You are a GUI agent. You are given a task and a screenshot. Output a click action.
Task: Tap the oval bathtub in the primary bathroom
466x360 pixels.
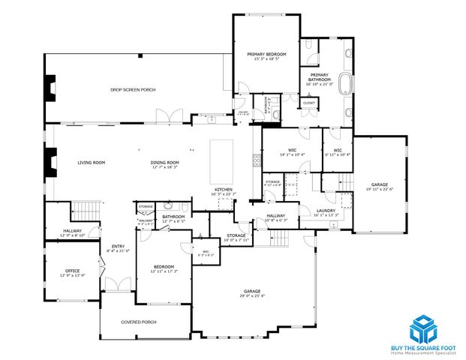click(x=347, y=83)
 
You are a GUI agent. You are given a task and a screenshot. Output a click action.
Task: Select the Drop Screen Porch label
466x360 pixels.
click(x=133, y=90)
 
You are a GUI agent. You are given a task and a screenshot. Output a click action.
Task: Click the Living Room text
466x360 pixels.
click(x=91, y=162)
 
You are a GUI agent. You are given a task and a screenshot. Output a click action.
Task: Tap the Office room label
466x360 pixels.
click(x=72, y=271)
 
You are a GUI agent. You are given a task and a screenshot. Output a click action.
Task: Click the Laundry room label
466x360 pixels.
click(x=325, y=211)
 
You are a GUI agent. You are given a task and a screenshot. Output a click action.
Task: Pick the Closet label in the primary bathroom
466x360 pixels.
click(x=309, y=102)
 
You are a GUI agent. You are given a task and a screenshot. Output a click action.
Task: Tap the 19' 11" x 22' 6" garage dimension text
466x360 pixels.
click(x=379, y=189)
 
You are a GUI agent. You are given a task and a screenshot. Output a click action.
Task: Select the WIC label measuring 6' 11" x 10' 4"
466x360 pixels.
click(x=337, y=151)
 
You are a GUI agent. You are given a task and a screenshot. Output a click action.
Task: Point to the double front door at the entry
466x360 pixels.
click(x=112, y=285)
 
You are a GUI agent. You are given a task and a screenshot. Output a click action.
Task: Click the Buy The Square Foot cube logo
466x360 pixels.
click(x=422, y=328)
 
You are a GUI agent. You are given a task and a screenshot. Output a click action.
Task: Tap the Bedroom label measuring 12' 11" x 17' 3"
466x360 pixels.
click(x=164, y=267)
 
